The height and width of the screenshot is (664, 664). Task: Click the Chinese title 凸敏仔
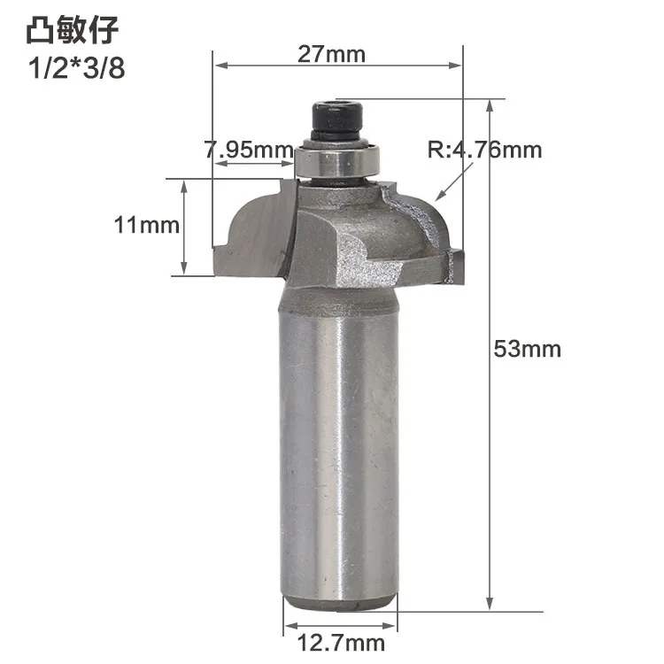tap(71, 32)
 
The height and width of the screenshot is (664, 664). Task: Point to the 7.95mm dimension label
tap(249, 150)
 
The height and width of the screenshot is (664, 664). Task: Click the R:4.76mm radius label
tap(484, 150)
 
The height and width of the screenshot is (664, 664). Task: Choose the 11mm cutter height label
tap(146, 226)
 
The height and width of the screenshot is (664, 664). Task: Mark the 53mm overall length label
tap(528, 349)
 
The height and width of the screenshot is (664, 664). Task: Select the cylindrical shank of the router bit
tap(340, 443)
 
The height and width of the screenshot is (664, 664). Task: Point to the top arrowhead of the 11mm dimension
tap(183, 184)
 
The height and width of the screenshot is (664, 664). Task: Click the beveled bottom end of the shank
tap(340, 604)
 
